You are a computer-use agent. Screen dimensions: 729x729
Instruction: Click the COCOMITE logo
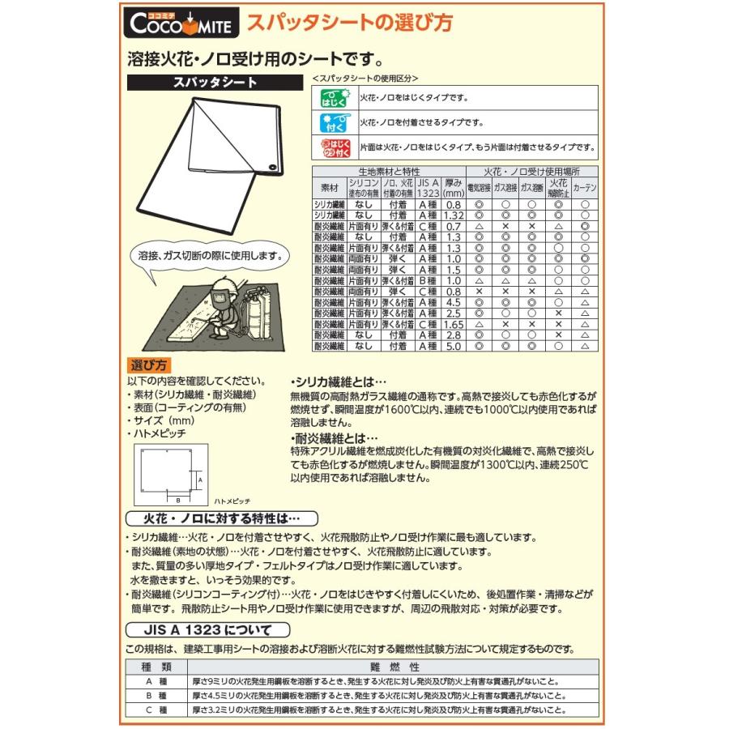[182, 23]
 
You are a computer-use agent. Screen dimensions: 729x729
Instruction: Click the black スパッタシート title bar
[215, 82]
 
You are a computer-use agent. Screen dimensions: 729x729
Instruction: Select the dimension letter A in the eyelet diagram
[199, 480]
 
